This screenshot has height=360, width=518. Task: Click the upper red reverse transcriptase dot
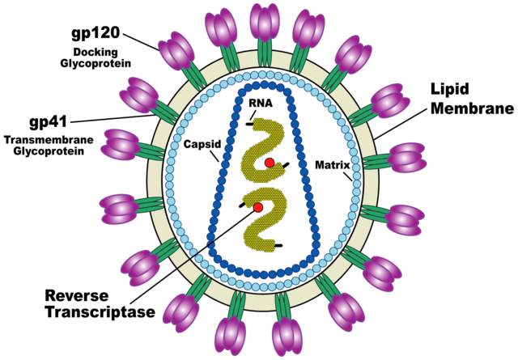270,164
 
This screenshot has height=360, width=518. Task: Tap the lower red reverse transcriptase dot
258,208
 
